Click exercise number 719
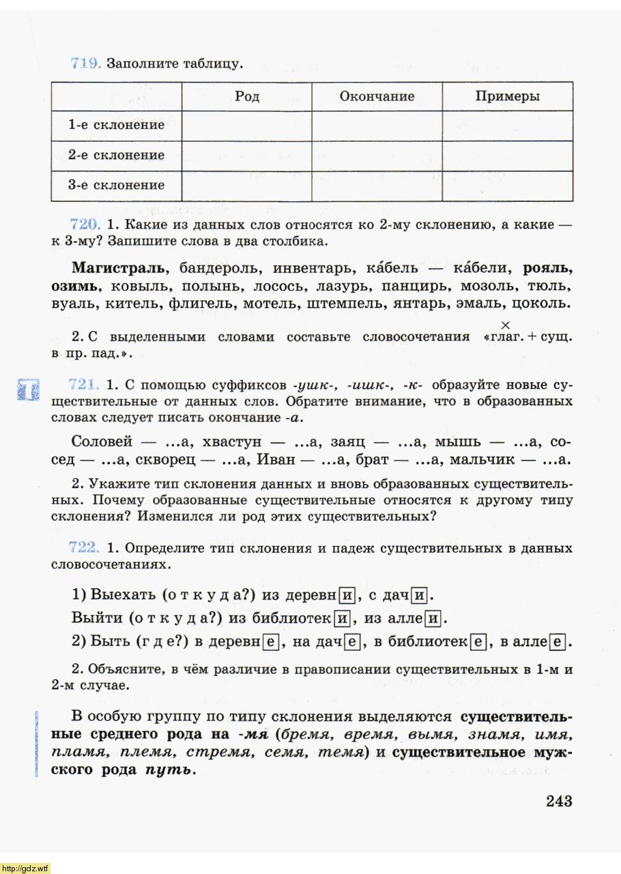click(86, 64)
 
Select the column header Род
click(247, 96)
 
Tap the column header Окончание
click(377, 96)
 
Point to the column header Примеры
click(507, 96)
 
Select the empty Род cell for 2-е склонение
click(247, 156)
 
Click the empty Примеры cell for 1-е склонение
click(507, 126)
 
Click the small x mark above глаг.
click(506, 325)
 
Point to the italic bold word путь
click(169, 771)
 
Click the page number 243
click(558, 801)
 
